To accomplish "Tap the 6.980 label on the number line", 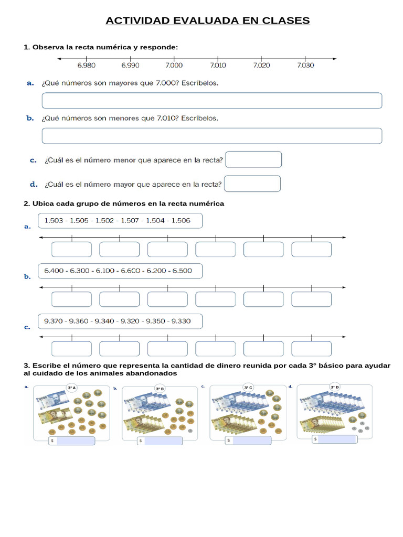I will [x=86, y=66].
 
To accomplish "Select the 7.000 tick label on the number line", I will [x=174, y=66].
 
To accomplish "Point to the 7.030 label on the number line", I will [x=305, y=66].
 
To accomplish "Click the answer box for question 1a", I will [x=211, y=101].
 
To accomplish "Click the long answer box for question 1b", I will [x=211, y=136].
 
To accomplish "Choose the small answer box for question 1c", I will [x=253, y=159].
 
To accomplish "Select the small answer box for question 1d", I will [x=252, y=184].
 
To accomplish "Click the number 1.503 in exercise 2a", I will [x=54, y=221].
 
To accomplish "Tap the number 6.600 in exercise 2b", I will [x=130, y=271].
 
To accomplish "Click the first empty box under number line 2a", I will [x=71, y=250].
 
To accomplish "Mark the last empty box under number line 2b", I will [x=312, y=299].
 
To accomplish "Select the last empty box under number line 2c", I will [x=312, y=349].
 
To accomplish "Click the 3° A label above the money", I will [x=72, y=388].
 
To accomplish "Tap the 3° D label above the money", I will [x=334, y=387].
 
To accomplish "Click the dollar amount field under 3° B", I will [x=163, y=441].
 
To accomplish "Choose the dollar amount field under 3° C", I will [x=251, y=441].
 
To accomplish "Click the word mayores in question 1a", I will [x=123, y=83].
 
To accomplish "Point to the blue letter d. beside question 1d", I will [x=34, y=184].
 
